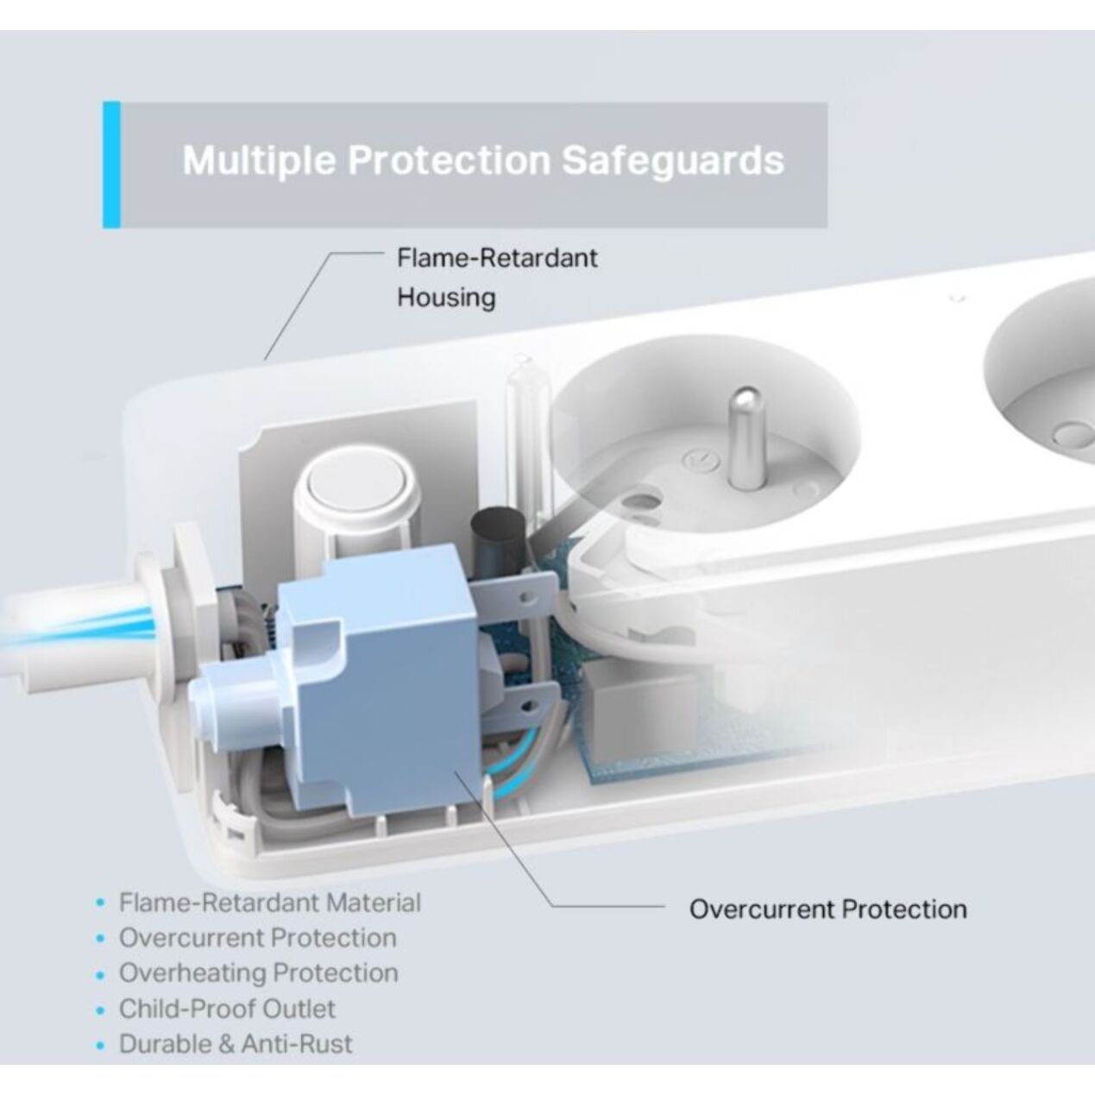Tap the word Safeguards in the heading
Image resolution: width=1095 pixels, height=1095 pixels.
(x=673, y=160)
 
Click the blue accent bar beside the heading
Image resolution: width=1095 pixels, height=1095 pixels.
(x=111, y=165)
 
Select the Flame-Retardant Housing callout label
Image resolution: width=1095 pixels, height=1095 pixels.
(x=497, y=278)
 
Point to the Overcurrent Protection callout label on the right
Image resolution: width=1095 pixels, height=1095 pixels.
(x=828, y=909)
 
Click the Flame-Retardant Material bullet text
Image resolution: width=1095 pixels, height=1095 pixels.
(x=270, y=903)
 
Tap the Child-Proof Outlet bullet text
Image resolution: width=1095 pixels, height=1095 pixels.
(x=227, y=1010)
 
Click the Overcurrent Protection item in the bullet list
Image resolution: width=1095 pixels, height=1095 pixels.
(x=258, y=938)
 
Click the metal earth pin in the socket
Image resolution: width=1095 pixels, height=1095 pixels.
(x=747, y=437)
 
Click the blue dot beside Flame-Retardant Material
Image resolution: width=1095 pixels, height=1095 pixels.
(x=101, y=903)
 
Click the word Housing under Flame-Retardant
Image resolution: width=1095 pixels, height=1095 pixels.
(x=446, y=298)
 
